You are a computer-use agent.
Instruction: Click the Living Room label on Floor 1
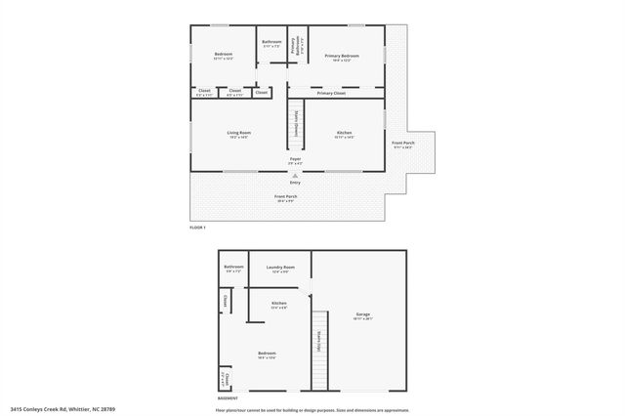coord(239,134)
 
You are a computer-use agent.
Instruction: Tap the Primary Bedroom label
coord(342,58)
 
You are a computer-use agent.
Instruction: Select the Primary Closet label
coord(331,93)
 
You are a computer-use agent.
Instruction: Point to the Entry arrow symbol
coord(295,175)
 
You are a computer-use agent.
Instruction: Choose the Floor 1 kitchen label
coord(344,134)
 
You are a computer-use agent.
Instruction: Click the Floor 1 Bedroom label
coord(225,57)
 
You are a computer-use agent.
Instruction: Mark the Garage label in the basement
coord(363,315)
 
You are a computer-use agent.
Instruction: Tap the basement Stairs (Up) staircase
coord(318,349)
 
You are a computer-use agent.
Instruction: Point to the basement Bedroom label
coord(267,354)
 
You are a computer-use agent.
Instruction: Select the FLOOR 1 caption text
coord(198,228)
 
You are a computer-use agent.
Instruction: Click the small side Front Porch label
coord(402,146)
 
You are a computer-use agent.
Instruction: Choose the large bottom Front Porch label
coord(285,198)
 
